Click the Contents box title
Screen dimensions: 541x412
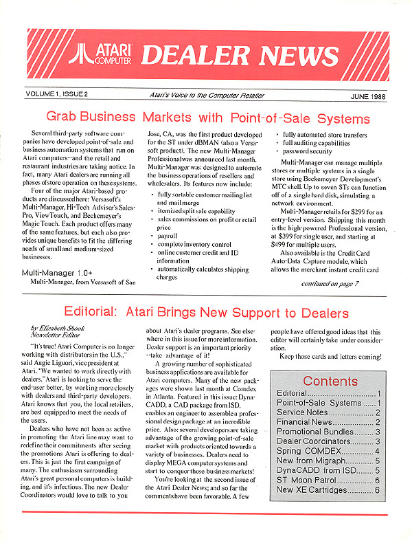point(330,381)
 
